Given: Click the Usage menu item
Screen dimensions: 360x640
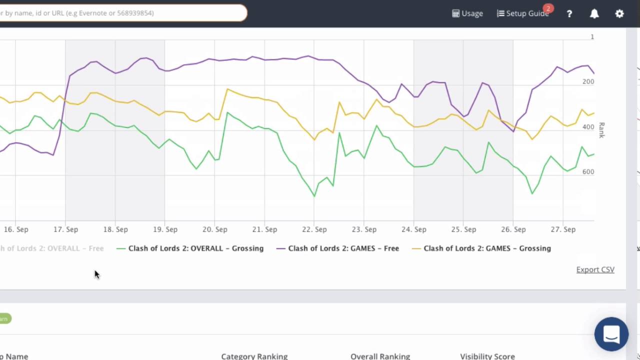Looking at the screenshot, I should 467,13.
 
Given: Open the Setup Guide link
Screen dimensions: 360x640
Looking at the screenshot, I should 523,13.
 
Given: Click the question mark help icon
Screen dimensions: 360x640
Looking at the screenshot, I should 569,13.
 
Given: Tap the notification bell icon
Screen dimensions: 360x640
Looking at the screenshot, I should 594,13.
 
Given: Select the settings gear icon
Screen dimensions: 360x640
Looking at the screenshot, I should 619,13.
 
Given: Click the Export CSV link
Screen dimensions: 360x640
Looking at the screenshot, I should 595,269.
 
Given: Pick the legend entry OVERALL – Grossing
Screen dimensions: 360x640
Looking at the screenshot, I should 195,248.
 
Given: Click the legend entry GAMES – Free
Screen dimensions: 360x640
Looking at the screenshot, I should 343,248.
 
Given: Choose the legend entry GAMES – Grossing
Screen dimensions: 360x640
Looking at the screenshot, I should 486,248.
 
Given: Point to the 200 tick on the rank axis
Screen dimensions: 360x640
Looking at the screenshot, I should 588,81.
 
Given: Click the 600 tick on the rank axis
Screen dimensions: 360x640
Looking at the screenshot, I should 588,171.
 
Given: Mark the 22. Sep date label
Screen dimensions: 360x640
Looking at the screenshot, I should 314,229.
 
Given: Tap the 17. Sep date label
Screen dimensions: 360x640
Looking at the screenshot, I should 66,229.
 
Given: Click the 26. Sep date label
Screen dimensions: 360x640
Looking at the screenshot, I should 513,229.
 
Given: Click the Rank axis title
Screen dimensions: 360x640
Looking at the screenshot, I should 601,130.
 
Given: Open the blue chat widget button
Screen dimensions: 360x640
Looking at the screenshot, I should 611,334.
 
